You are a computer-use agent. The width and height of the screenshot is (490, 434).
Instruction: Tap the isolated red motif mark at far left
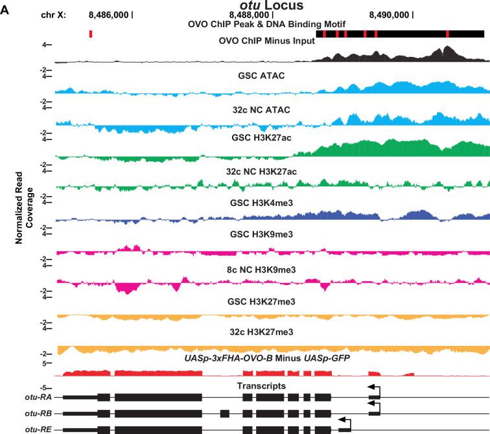pos(91,33)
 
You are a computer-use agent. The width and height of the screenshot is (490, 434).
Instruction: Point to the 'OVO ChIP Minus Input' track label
pos(266,41)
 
